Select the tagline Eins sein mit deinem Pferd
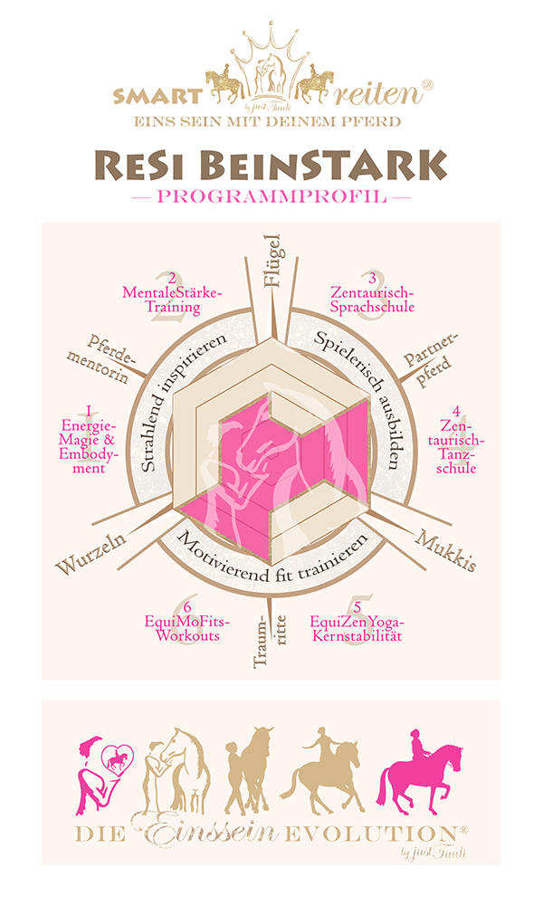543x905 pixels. click(271, 119)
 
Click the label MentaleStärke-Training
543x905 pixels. click(171, 299)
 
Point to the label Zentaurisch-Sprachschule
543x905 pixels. click(372, 299)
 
